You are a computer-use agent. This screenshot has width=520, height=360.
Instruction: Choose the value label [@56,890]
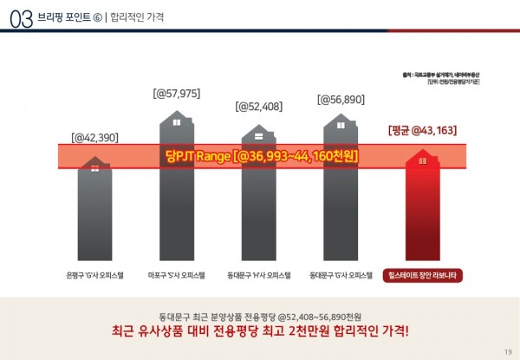[x=341, y=100]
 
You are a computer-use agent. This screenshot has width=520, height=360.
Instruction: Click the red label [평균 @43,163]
[x=422, y=131]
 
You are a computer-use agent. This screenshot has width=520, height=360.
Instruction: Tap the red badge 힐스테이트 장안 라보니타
[x=423, y=276]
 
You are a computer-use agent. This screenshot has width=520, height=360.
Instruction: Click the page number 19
[x=507, y=350]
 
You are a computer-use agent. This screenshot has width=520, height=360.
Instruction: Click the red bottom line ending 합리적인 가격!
[x=260, y=331]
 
